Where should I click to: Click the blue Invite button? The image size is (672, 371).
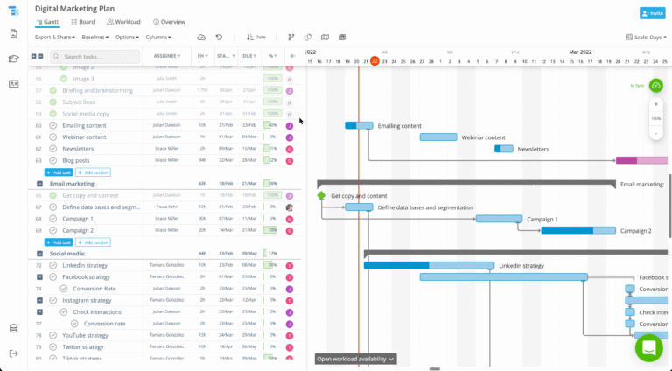653,13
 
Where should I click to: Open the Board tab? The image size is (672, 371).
83,21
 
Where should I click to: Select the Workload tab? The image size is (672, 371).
124,21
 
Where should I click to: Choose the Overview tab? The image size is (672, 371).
169,21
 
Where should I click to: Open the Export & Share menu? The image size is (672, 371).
54,38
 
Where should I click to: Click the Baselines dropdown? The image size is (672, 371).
94,38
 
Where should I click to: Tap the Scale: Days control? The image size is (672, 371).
647,38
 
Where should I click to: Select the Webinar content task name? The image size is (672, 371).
86,136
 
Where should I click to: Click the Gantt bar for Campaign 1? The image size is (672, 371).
499,219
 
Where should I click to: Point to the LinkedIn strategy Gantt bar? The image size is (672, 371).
429,265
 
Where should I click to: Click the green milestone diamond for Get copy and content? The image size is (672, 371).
321,196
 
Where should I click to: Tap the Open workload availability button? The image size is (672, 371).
355,359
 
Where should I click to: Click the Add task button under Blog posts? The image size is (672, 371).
59,172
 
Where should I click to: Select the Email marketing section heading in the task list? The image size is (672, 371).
73,184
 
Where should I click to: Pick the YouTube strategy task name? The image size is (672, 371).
86,335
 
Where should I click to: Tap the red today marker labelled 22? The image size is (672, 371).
374,60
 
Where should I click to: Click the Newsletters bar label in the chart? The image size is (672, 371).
533,149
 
